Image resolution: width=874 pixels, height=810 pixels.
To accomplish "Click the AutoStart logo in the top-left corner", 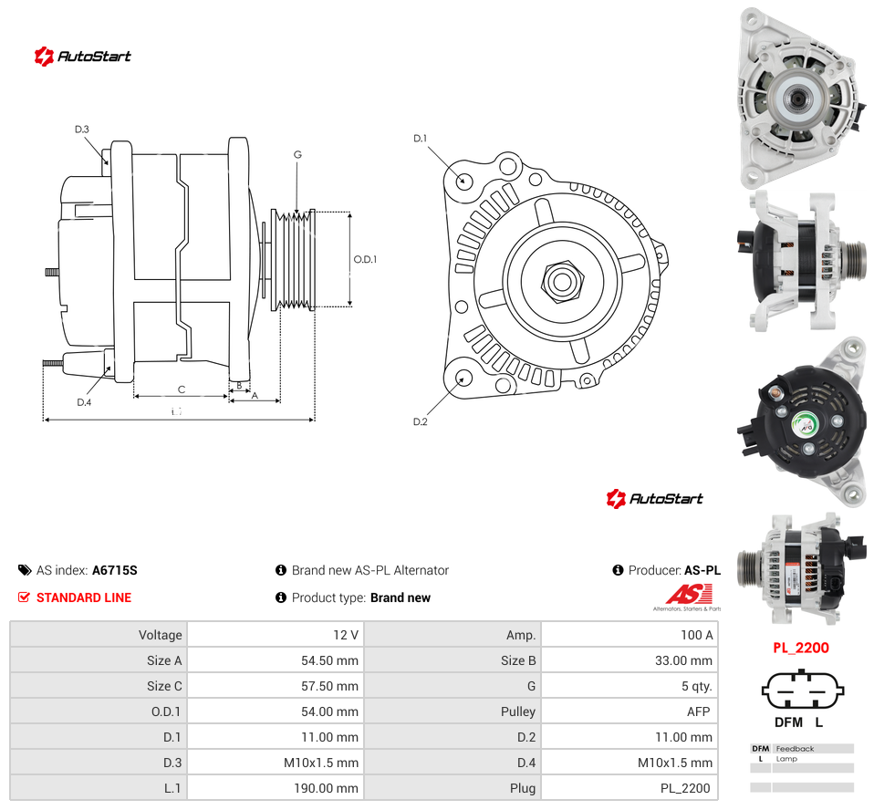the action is tap(82, 56).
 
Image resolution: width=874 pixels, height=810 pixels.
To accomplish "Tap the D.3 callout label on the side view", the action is tap(82, 130).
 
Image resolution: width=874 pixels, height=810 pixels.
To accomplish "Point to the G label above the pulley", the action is tap(297, 154).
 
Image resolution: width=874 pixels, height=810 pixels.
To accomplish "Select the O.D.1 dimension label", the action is tap(365, 259).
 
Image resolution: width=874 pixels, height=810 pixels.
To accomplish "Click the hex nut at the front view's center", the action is tap(562, 282).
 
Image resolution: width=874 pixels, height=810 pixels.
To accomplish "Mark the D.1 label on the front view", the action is tap(421, 139).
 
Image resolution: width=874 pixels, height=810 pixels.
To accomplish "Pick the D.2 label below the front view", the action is tap(421, 422).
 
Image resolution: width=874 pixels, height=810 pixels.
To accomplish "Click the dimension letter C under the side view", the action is tap(182, 389).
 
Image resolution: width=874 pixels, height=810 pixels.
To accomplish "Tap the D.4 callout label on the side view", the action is tap(84, 402).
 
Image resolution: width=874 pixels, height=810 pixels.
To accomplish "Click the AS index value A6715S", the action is tap(115, 570).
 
